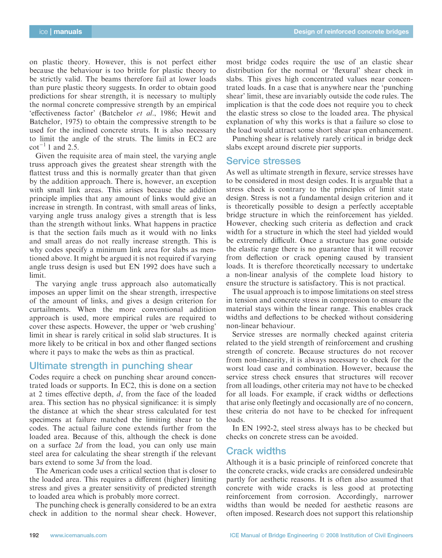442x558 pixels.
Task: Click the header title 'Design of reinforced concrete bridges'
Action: click(x=351, y=32)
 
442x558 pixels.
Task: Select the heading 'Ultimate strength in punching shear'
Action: click(x=111, y=366)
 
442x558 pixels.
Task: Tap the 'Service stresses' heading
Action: click(x=263, y=161)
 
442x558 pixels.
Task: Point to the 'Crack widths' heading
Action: click(x=256, y=451)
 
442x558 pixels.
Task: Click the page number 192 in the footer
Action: click(x=34, y=535)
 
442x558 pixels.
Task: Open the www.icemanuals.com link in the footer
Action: click(x=78, y=535)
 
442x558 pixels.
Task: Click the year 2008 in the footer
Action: click(x=340, y=535)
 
